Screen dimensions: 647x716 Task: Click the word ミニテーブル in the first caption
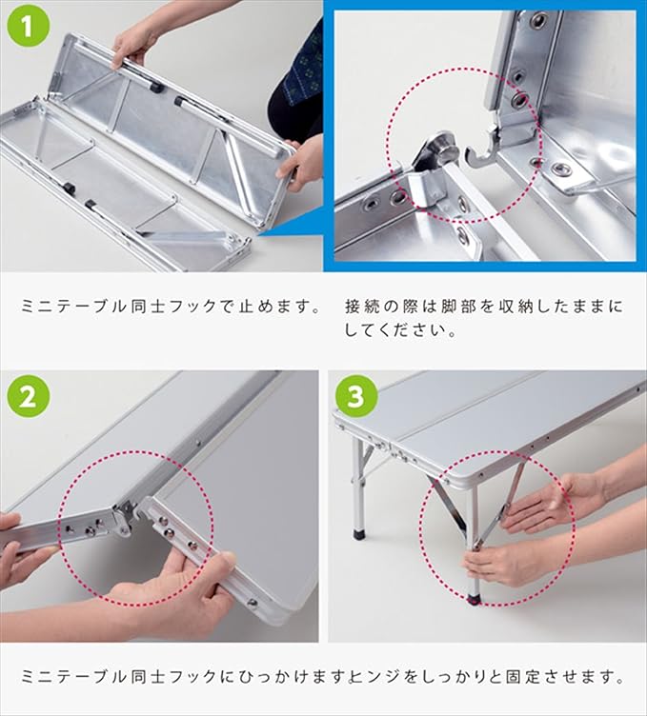click(x=73, y=306)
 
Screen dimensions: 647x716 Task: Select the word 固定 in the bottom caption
click(x=524, y=676)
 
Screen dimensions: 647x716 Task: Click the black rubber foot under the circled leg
click(x=475, y=599)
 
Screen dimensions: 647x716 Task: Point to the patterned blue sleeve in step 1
click(x=301, y=69)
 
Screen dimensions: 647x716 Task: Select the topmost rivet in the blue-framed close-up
click(x=538, y=21)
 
